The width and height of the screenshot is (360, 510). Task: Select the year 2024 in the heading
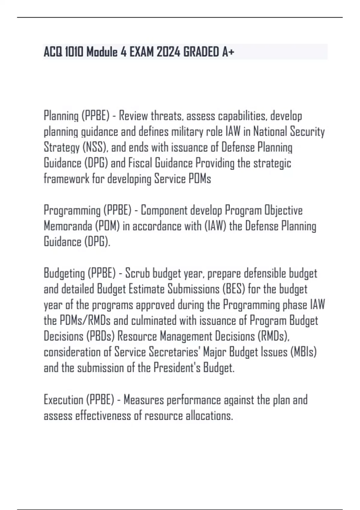pos(168,52)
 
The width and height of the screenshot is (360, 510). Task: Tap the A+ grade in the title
pos(228,52)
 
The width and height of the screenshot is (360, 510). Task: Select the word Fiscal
pos(140,163)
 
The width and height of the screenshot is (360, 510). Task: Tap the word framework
pos(66,179)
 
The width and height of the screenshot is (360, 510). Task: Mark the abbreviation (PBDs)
pos(100,336)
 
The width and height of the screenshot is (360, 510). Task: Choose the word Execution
pos(63,400)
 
